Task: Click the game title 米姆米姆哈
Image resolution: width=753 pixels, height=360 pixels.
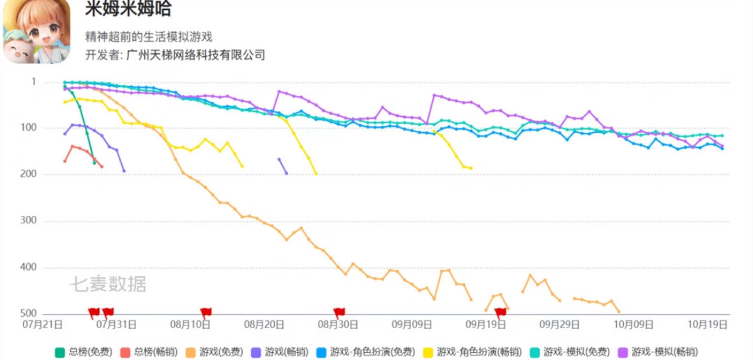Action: click(x=128, y=10)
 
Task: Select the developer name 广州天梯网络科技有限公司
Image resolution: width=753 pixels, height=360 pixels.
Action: click(x=195, y=55)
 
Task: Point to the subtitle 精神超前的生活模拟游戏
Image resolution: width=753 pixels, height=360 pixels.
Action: click(x=149, y=37)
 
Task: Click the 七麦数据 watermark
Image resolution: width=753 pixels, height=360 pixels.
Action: click(x=108, y=284)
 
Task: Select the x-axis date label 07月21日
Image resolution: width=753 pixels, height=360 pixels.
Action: click(x=43, y=324)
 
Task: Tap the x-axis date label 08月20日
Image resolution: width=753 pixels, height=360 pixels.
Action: click(x=264, y=324)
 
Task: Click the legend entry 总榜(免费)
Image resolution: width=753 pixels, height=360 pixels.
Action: click(x=84, y=352)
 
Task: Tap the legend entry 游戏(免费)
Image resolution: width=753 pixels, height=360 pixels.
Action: click(x=214, y=352)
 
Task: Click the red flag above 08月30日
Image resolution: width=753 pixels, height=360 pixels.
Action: click(x=339, y=313)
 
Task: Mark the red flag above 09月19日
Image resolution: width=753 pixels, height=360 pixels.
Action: click(x=500, y=313)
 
